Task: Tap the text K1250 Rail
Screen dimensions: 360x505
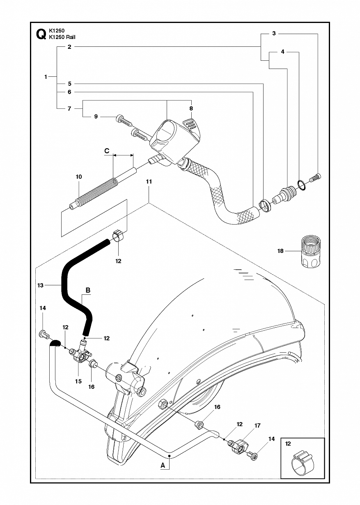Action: (x=62, y=37)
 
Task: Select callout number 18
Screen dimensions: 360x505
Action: (x=280, y=251)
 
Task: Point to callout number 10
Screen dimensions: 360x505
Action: (x=79, y=177)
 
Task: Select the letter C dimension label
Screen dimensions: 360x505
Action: (x=107, y=151)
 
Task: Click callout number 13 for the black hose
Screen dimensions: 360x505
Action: (x=40, y=285)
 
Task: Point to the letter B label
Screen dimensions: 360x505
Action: (x=88, y=290)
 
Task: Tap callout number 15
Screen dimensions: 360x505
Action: (x=78, y=381)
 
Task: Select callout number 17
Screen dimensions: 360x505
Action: (x=257, y=425)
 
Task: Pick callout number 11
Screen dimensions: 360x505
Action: (x=149, y=181)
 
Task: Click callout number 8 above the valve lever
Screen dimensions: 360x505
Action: (x=191, y=108)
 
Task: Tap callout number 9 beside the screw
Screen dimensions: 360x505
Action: (x=96, y=117)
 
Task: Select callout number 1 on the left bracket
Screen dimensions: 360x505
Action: (x=46, y=77)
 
